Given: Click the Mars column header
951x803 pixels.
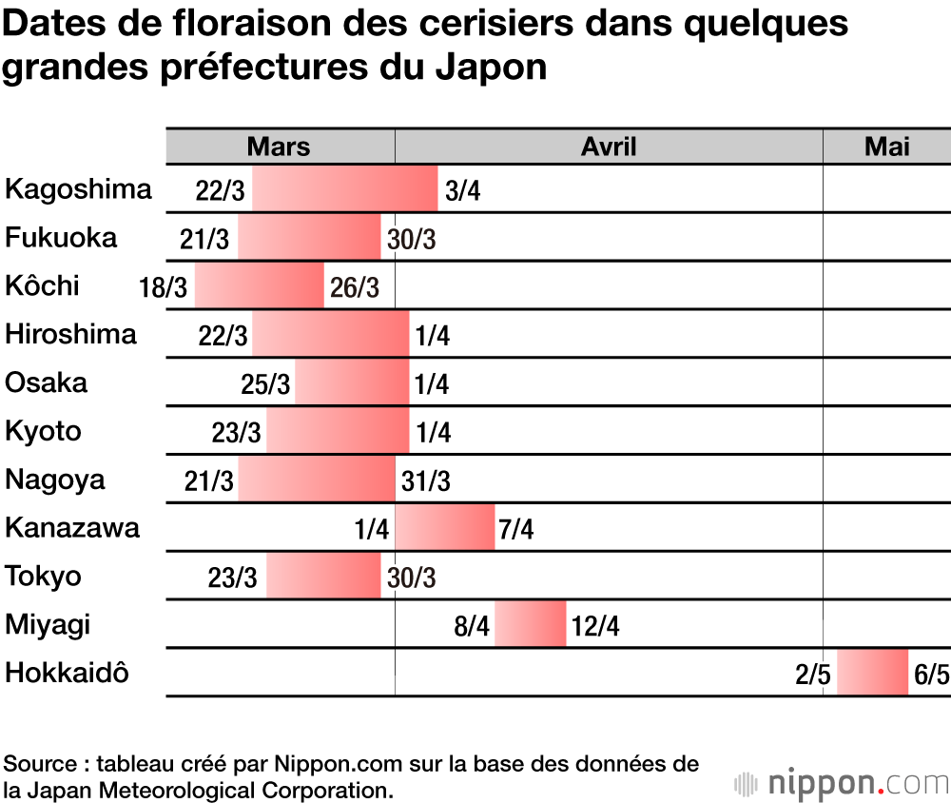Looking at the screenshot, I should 279,146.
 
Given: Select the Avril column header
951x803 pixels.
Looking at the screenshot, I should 609,146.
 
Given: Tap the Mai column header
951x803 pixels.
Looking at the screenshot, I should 886,146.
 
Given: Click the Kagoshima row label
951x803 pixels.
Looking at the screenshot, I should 78,189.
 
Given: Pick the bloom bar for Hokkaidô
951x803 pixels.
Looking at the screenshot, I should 872,673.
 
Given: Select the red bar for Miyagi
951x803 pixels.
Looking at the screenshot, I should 530,624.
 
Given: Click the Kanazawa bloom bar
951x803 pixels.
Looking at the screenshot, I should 444,528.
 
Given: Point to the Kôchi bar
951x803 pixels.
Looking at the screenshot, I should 259,286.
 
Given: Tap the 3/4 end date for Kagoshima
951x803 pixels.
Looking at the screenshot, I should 462,191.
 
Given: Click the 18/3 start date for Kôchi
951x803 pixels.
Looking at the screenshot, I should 163,287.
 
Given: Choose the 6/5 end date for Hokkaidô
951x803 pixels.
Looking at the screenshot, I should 931,675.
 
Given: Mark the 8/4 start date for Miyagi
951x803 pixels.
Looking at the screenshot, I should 472,626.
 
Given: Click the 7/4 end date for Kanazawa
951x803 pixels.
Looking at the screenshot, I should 515,529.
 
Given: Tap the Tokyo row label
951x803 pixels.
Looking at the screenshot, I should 43,577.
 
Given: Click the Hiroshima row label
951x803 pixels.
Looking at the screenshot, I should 70,335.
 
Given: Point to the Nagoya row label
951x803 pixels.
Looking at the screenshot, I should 54,480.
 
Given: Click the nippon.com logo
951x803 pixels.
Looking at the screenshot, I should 841,783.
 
